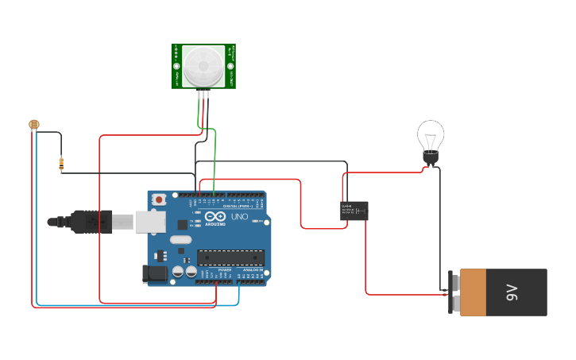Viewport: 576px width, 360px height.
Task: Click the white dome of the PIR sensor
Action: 204,65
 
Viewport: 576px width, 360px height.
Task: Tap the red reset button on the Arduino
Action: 159,199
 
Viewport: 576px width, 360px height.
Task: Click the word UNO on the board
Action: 239,217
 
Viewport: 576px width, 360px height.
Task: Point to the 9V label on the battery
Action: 512,292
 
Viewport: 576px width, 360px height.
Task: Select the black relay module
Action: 354,211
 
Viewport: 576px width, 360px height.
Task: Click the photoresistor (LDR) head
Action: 33,124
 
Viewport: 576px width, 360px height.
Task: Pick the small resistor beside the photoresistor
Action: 61,165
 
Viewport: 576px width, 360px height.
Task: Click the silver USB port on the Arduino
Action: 149,221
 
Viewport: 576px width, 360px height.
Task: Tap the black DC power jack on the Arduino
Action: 155,274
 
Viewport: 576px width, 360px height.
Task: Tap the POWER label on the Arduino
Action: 225,269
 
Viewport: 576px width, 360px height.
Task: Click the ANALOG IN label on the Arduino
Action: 254,269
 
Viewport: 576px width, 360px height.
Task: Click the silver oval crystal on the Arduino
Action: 181,239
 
